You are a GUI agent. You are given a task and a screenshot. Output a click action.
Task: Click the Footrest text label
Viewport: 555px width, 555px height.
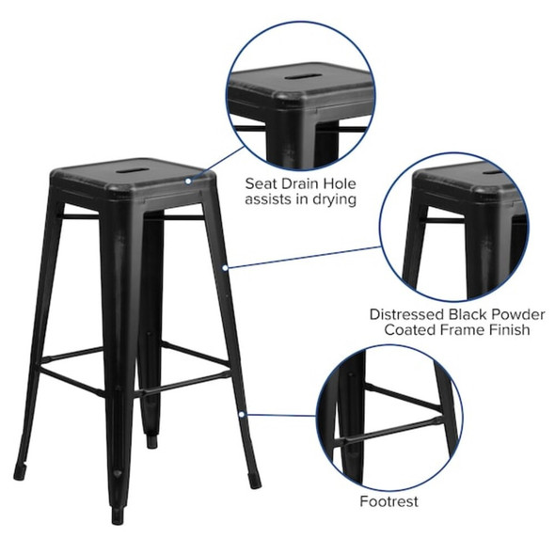[x=388, y=501]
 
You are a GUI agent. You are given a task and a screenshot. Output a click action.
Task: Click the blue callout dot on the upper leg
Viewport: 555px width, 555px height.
[x=225, y=267]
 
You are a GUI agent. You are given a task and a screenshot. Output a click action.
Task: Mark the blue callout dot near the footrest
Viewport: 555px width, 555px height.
[x=242, y=412]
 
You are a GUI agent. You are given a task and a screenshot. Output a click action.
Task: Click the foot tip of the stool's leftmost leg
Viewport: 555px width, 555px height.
[x=19, y=475]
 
